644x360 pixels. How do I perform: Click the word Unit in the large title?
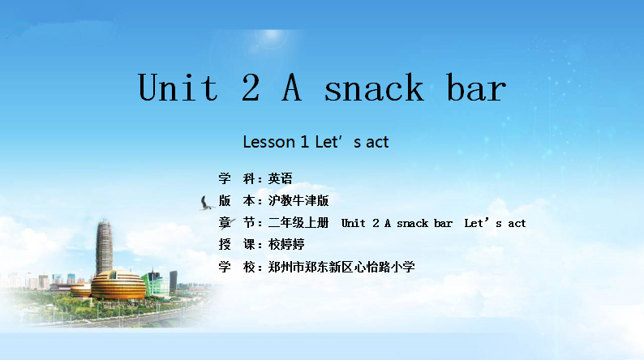(178, 87)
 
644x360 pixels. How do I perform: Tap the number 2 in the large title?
(251, 87)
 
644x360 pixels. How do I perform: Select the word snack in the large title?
(373, 87)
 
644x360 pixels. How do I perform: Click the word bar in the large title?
(476, 87)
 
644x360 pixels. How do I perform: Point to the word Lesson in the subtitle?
(269, 142)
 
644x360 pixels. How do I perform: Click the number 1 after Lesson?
(304, 142)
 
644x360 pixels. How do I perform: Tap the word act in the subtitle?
(377, 143)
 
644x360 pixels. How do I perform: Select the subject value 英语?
(280, 178)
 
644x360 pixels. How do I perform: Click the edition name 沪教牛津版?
(298, 201)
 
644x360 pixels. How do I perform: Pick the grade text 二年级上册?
(298, 223)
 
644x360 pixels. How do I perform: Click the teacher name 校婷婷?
(286, 245)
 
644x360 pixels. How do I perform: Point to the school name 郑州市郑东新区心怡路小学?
(341, 267)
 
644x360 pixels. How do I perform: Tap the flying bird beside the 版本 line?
(207, 204)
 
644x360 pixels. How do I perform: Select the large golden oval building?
(118, 285)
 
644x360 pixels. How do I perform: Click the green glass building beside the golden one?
(155, 283)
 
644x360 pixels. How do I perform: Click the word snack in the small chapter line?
(412, 223)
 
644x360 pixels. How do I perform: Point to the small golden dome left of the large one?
(80, 289)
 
